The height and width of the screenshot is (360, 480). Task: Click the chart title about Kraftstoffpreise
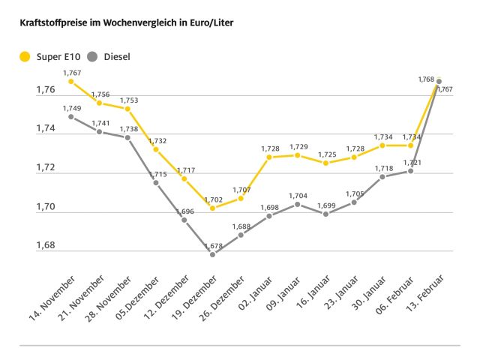pyautogui.click(x=121, y=23)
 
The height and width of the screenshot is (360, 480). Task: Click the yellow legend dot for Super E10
pyautogui.click(x=25, y=56)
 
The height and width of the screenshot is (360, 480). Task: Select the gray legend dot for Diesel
pyautogui.click(x=93, y=56)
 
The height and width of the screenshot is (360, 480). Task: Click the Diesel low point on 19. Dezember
pyautogui.click(x=212, y=254)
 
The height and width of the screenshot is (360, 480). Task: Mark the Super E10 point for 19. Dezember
pyautogui.click(x=212, y=208)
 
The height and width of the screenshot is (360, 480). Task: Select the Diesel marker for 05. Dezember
pyautogui.click(x=156, y=182)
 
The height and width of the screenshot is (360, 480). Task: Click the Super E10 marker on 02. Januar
pyautogui.click(x=269, y=157)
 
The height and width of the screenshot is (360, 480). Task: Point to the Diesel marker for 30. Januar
pyautogui.click(x=382, y=177)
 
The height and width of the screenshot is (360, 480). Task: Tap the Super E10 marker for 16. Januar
pyautogui.click(x=325, y=163)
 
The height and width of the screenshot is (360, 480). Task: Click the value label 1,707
pyautogui.click(x=241, y=190)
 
